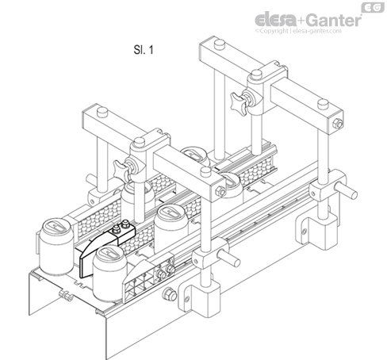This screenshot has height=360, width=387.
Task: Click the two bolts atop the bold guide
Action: pyautogui.click(x=122, y=229)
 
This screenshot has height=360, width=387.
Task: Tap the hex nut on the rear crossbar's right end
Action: pyautogui.click(x=339, y=123)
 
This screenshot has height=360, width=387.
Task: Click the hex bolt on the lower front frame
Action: pyautogui.click(x=168, y=297)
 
